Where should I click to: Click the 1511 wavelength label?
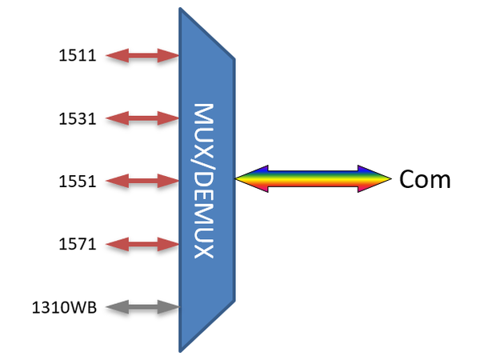78,56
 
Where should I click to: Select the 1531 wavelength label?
78,119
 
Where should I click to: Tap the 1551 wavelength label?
78,182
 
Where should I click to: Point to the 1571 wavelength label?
78,244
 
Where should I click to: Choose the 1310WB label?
65,306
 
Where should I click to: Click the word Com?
425,179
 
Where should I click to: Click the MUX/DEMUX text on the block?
205,180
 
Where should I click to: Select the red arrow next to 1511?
142,55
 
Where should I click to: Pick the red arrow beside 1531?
142,118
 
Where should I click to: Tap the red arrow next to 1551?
142,181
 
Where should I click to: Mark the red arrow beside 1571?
142,243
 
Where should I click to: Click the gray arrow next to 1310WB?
142,306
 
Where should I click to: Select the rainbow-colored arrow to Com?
312,179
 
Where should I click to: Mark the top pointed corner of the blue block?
181,10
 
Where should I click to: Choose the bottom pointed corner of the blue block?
181,350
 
